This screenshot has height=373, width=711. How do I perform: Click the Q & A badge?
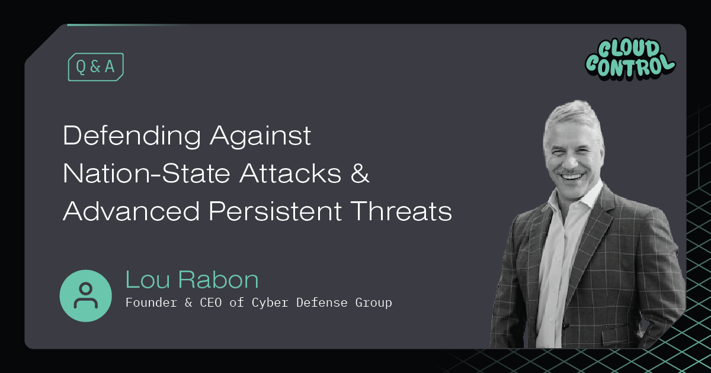pos(95,67)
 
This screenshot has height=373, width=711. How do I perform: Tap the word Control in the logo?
pos(629,65)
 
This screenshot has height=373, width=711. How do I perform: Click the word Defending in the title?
pos(132,137)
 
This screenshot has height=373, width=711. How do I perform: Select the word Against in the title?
pos(260,137)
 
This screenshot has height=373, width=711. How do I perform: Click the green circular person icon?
pos(86,296)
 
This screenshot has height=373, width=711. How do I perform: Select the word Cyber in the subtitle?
pos(271,303)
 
